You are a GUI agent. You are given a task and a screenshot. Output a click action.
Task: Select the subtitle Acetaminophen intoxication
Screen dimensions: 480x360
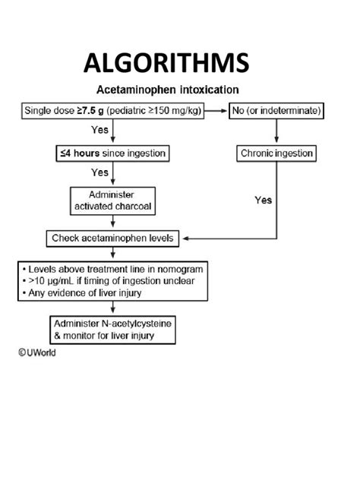(168, 88)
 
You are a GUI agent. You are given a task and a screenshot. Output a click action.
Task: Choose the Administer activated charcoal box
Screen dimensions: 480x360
(112, 199)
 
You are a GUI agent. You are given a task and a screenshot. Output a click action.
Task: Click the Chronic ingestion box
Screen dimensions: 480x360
(276, 153)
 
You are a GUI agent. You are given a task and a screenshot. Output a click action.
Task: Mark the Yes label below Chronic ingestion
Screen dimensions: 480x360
(263, 201)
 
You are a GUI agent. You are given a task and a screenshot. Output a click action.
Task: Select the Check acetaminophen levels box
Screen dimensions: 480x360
(112, 238)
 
